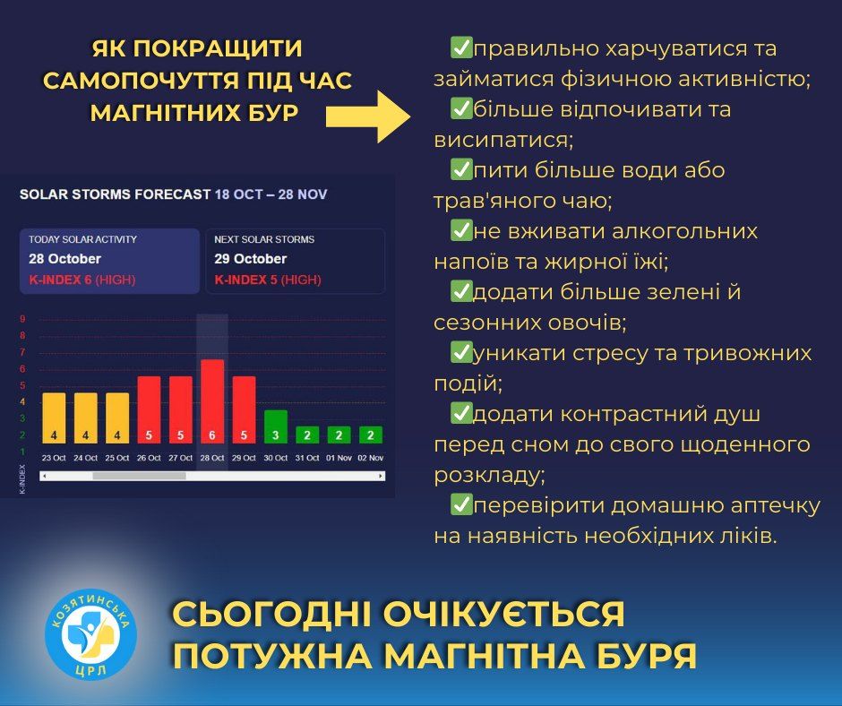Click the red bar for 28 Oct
(212, 401)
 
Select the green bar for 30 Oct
(276, 426)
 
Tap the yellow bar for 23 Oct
(54, 418)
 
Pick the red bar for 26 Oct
(149, 410)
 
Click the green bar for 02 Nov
(371, 435)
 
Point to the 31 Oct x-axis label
(307, 458)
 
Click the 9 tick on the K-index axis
(22, 319)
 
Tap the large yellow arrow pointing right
(368, 116)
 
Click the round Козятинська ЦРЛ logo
(90, 634)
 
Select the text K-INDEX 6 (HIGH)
(82, 280)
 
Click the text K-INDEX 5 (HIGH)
(268, 280)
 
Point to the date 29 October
(250, 259)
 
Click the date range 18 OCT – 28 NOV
(271, 194)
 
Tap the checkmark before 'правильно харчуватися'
(460, 47)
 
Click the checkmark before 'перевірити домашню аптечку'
(460, 504)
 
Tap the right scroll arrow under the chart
(381, 476)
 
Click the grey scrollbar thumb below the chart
(139, 476)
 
